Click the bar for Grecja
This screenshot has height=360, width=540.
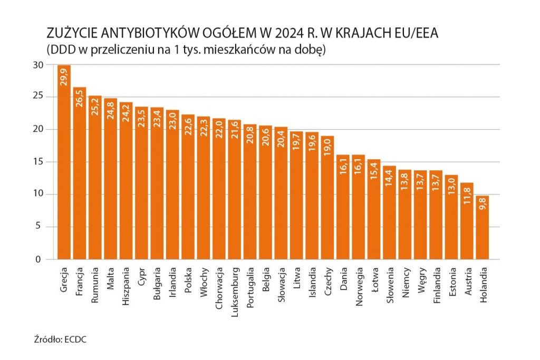[64, 163]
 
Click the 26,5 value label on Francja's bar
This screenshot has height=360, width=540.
[80, 100]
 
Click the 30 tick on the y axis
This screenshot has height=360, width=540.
[37, 65]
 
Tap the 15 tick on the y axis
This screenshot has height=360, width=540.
[37, 162]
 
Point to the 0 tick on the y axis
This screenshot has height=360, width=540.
[38, 259]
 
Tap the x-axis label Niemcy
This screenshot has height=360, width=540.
[406, 283]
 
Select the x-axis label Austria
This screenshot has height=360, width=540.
[468, 283]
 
